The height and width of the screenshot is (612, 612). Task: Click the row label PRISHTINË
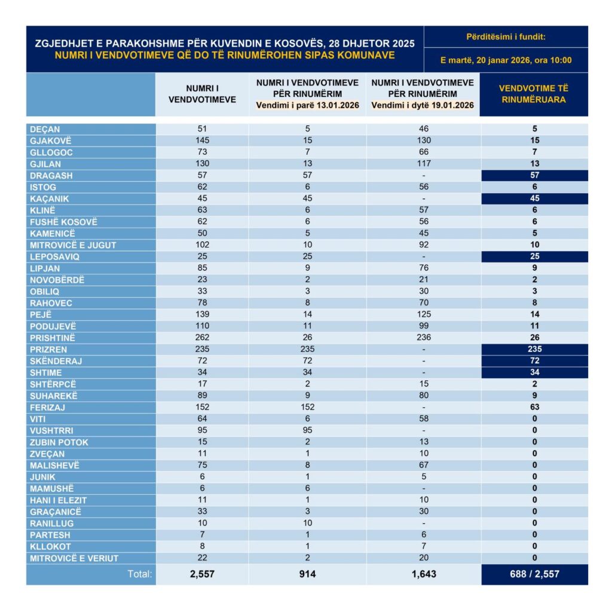pyautogui.click(x=53, y=338)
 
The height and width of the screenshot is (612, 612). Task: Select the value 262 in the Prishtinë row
pyautogui.click(x=203, y=338)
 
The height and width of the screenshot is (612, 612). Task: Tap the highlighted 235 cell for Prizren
pyautogui.click(x=534, y=349)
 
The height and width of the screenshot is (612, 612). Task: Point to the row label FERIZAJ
pyautogui.click(x=48, y=407)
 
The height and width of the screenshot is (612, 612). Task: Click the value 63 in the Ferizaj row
pyautogui.click(x=534, y=407)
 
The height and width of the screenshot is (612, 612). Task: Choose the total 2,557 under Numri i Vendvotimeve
pyautogui.click(x=203, y=574)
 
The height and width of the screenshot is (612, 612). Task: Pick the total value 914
pyautogui.click(x=307, y=574)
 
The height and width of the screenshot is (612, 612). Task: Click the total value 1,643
pyautogui.click(x=423, y=574)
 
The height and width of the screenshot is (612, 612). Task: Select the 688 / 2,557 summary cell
pyautogui.click(x=534, y=574)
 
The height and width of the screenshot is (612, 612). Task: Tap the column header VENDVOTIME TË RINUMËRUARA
pyautogui.click(x=534, y=94)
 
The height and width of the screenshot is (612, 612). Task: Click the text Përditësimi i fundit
pyautogui.click(x=506, y=37)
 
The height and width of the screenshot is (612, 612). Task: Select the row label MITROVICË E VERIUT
pyautogui.click(x=74, y=558)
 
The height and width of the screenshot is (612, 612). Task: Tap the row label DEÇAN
pyautogui.click(x=45, y=129)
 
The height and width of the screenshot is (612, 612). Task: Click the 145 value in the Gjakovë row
pyautogui.click(x=203, y=140)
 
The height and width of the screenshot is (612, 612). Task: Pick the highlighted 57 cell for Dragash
pyautogui.click(x=534, y=175)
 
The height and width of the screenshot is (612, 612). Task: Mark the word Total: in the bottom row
pyautogui.click(x=140, y=574)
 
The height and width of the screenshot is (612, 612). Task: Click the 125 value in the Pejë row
pyautogui.click(x=423, y=314)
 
